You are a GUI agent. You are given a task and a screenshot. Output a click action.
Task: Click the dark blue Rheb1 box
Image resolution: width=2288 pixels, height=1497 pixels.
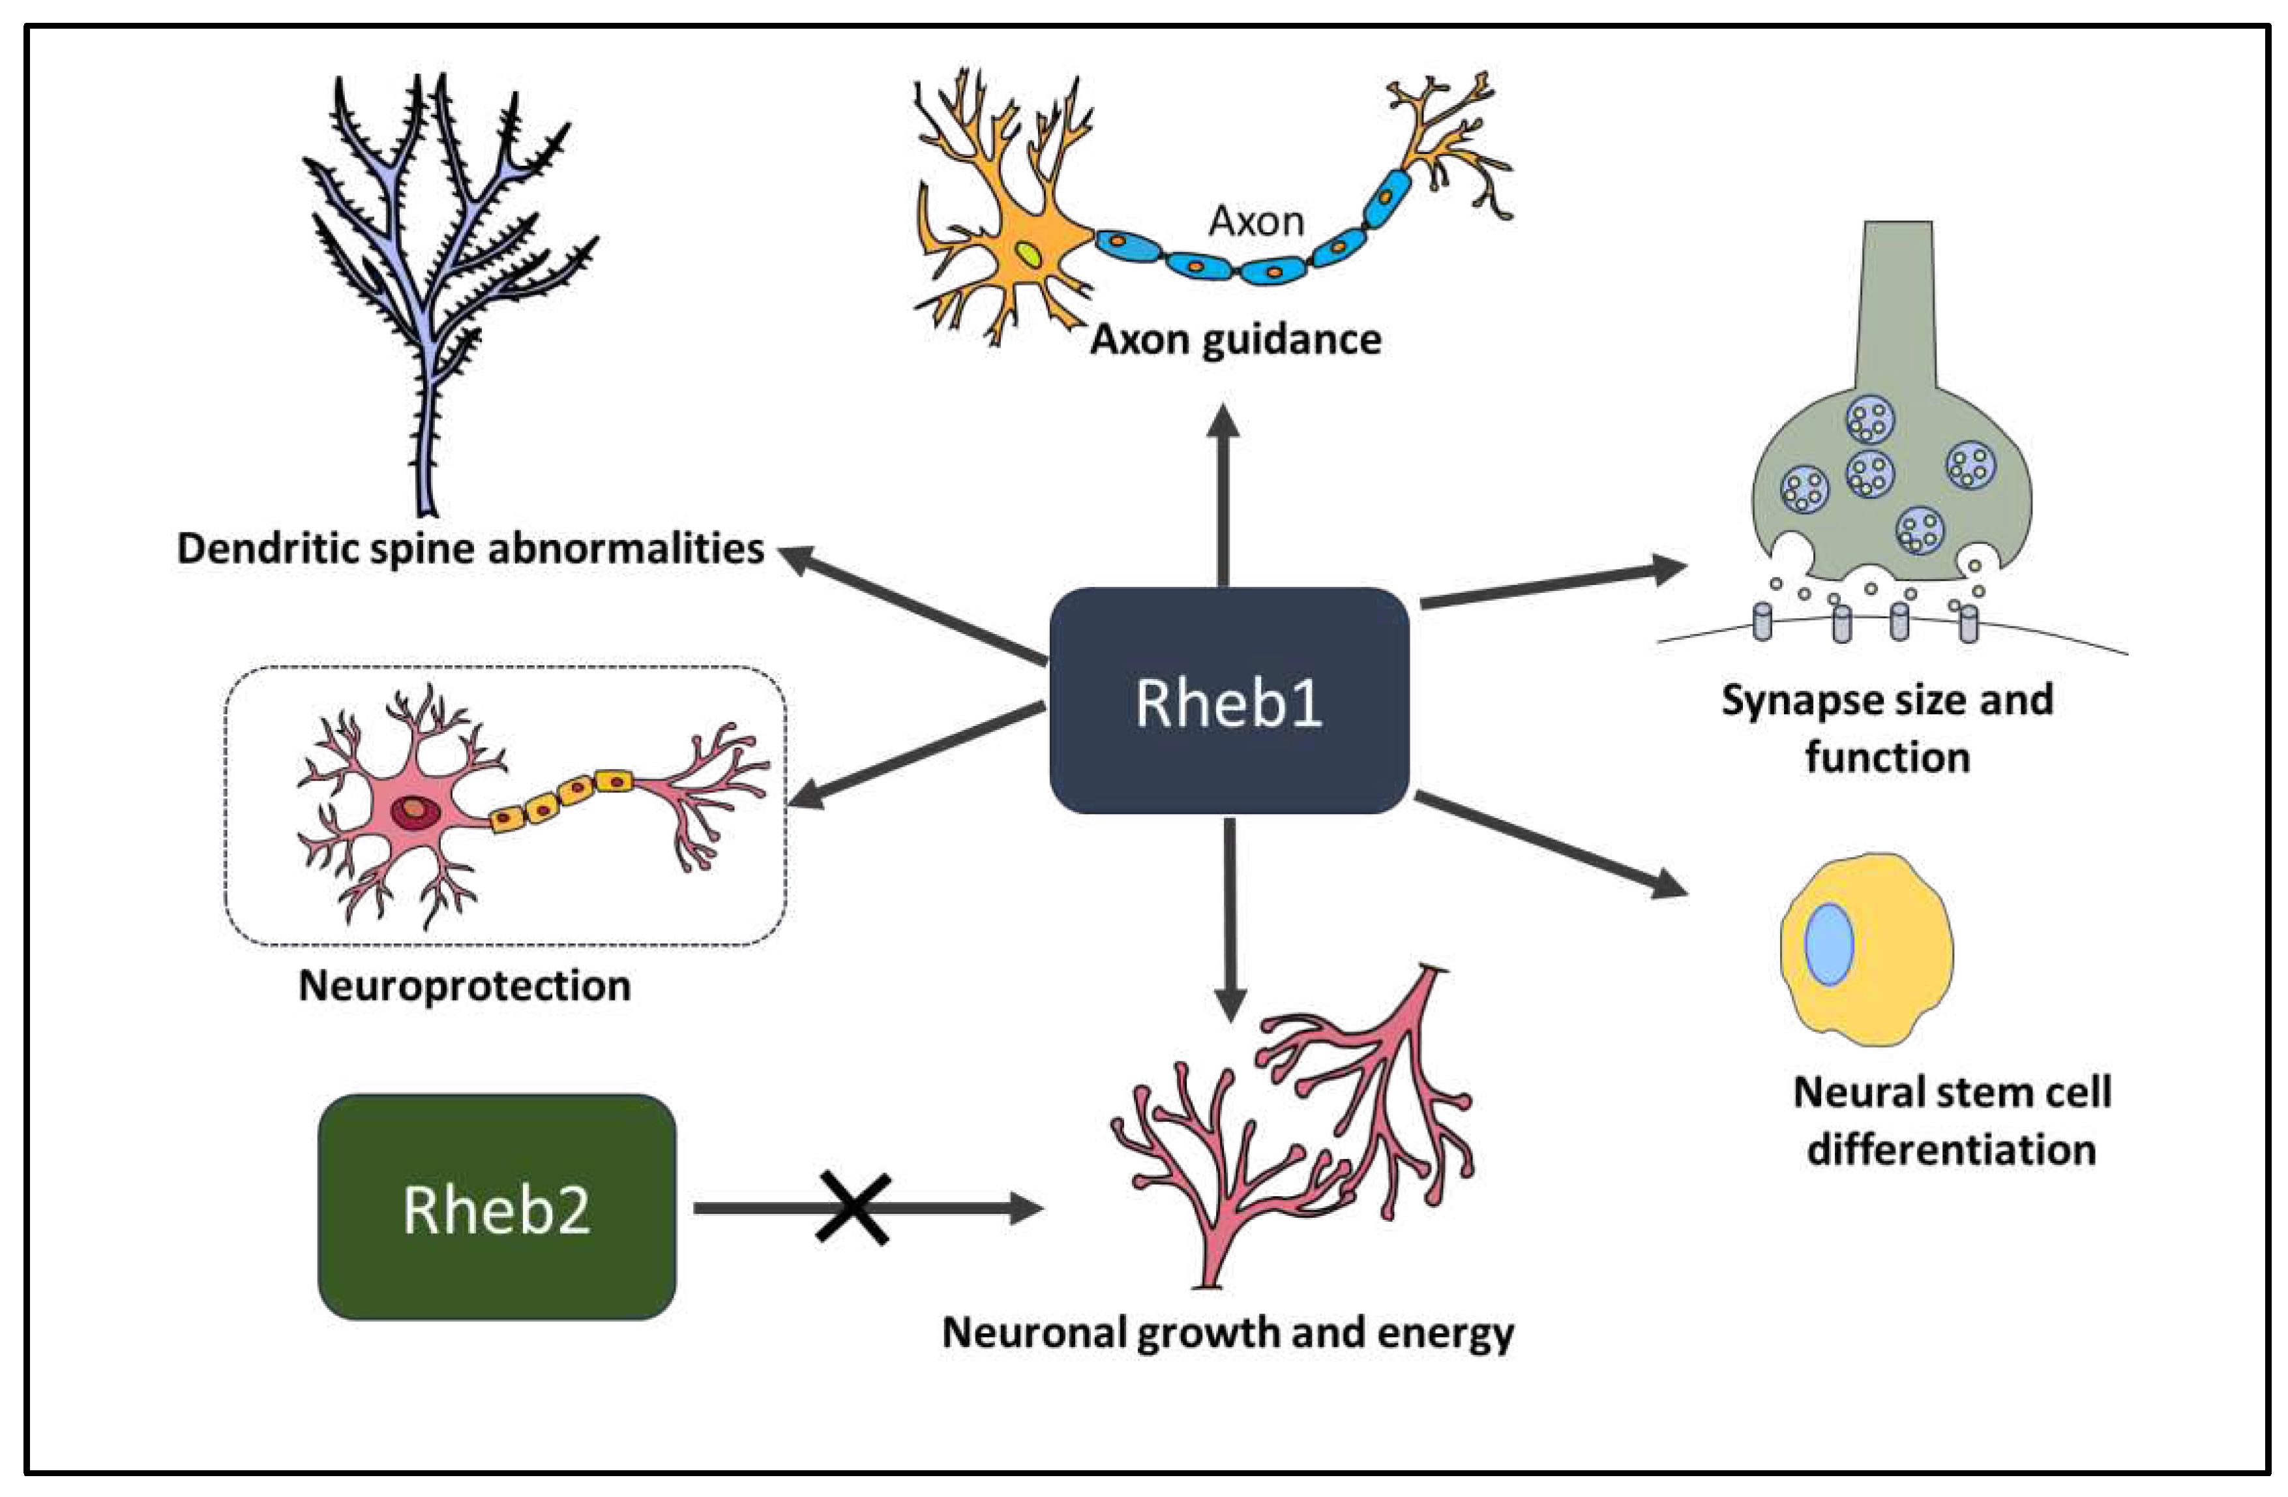1228,702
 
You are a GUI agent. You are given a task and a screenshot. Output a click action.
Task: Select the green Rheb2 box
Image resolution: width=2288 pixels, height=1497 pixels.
496,1207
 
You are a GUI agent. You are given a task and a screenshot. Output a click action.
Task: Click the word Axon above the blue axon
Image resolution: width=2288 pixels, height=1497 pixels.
1256,221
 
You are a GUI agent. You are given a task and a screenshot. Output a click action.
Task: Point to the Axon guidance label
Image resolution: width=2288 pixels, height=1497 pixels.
1236,339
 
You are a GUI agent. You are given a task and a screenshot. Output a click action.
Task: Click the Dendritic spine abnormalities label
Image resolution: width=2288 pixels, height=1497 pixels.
470,548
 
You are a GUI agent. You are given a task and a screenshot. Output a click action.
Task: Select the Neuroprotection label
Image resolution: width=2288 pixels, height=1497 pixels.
464,986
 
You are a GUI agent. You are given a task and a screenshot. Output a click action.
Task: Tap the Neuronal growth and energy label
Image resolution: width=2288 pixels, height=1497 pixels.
1228,1333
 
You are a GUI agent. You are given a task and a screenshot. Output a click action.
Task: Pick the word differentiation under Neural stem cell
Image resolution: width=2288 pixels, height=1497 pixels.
1952,1150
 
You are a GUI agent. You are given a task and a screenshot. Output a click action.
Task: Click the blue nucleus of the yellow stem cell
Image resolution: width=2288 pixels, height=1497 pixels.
1828,944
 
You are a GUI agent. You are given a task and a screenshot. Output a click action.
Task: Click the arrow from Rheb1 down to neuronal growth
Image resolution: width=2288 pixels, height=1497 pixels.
1230,918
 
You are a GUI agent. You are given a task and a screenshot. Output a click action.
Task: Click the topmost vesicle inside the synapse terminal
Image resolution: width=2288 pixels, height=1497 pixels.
1870,420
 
